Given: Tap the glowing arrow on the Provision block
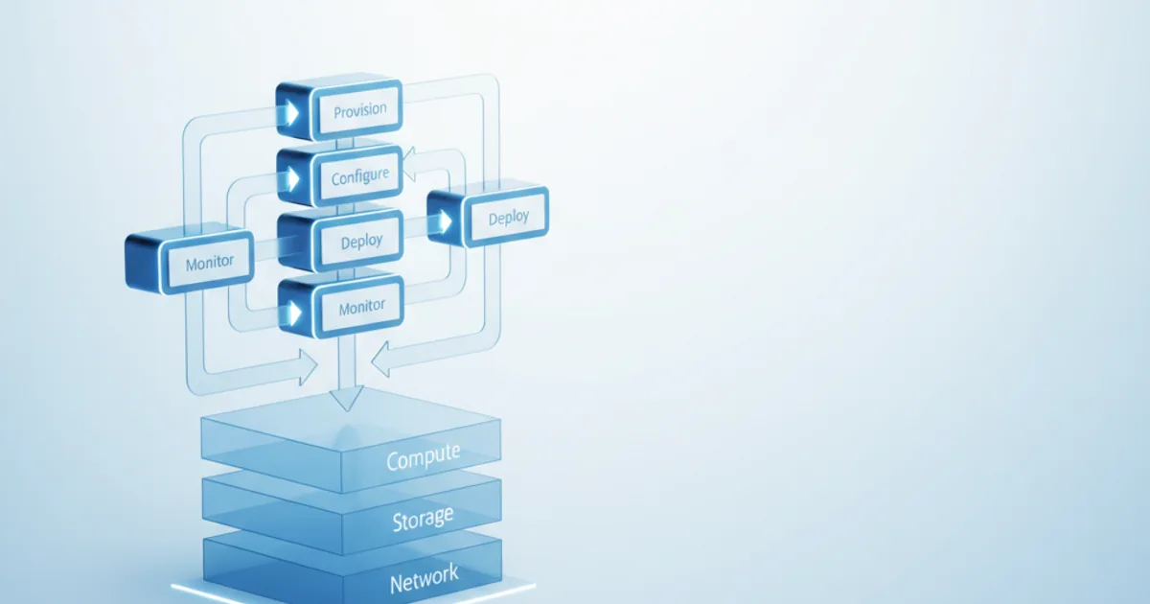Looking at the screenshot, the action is coord(292,113).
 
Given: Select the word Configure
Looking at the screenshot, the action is coord(360,176).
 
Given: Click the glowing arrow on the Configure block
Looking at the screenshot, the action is coord(293,178).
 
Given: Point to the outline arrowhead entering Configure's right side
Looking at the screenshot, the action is coord(409,164).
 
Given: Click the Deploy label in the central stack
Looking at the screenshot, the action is coord(361,241).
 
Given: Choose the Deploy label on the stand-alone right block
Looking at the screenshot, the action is coord(508,218).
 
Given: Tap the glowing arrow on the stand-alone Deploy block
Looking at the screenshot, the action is coord(445,221).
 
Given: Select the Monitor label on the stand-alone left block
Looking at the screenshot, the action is coord(210,263).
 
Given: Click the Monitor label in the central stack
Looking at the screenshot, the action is coord(362,307).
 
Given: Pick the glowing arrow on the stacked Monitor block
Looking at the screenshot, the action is coord(294,313).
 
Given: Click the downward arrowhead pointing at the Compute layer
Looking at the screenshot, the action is coord(347,399).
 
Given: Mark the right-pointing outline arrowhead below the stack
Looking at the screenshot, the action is coord(308,367).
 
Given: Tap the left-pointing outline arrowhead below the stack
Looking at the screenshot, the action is coord(379,359).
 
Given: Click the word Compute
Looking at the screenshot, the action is coord(423,456).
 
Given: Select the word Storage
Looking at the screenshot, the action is coord(423,519).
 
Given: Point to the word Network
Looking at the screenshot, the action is coord(424,578).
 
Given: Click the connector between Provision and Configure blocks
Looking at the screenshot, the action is coord(345,143).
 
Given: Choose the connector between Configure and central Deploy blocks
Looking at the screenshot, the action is coord(346,209).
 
